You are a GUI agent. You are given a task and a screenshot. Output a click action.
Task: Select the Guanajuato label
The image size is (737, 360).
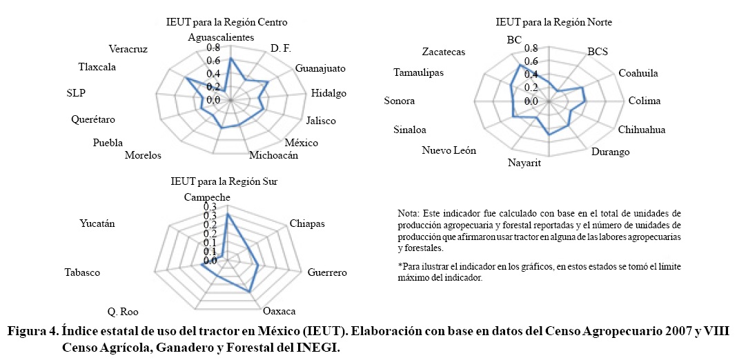(320, 68)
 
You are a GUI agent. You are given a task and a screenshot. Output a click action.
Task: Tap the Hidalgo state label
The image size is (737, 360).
(328, 93)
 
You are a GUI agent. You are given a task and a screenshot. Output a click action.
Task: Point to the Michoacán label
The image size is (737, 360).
(273, 155)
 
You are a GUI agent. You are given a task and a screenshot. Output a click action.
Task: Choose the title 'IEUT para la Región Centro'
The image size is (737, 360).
(227, 23)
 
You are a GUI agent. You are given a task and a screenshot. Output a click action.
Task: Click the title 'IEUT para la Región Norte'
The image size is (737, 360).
(553, 23)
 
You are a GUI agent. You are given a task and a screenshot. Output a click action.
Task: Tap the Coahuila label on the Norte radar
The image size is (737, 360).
(638, 73)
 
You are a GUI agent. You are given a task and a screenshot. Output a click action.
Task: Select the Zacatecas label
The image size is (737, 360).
(444, 52)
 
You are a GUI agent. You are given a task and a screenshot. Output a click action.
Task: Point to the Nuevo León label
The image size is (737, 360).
(449, 151)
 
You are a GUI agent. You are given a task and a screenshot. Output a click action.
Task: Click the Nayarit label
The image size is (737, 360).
(524, 163)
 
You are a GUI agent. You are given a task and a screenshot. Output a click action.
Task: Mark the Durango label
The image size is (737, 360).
(610, 152)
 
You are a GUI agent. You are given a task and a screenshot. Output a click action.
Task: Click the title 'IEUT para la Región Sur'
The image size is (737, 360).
(224, 182)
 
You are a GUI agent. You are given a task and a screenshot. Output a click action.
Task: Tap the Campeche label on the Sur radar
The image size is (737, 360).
(207, 197)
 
